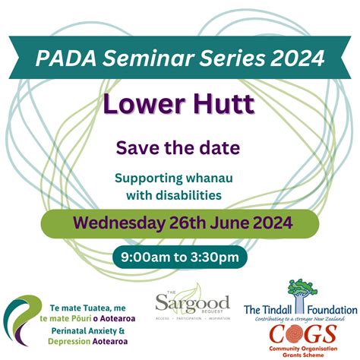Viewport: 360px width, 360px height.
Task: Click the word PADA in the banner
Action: [x=66, y=58]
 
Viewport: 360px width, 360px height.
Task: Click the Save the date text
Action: [x=178, y=148]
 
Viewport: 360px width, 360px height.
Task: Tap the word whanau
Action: [x=210, y=178]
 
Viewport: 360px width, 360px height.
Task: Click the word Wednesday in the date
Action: [x=118, y=223]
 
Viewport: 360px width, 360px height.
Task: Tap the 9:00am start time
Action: [x=145, y=257]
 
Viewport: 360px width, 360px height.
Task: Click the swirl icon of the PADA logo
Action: [x=22, y=321]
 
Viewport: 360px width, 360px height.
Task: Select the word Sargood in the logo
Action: [x=192, y=303]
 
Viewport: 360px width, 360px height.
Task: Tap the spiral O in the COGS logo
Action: [x=298, y=333]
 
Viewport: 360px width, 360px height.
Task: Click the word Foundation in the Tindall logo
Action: [x=332, y=310]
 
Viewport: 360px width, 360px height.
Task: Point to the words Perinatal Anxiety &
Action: [x=88, y=331]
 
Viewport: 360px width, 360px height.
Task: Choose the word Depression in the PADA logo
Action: [x=69, y=342]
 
